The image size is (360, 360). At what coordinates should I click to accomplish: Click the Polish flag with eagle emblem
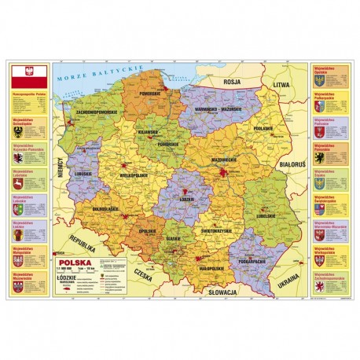click(x=28, y=75)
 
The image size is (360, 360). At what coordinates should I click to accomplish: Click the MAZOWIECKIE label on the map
click(x=221, y=159)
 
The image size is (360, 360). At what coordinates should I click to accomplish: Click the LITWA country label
click(x=281, y=83)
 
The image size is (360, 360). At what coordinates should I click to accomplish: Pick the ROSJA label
click(x=233, y=81)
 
